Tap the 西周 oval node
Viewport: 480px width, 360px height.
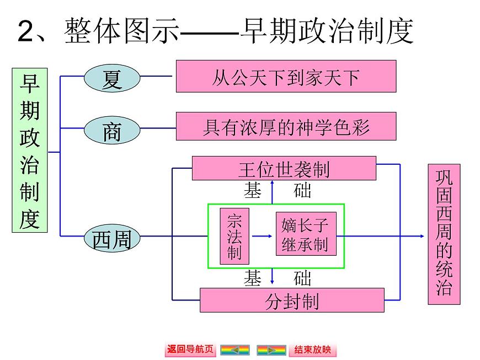click(112, 239)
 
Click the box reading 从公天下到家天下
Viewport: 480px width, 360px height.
click(286, 77)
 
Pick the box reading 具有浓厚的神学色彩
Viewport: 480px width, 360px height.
click(286, 126)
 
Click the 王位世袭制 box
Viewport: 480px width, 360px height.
click(284, 168)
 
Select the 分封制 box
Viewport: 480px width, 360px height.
click(291, 300)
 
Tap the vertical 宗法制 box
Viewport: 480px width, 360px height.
click(234, 237)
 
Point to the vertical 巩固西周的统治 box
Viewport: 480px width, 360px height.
click(444, 234)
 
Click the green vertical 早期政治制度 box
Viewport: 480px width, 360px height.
click(30, 150)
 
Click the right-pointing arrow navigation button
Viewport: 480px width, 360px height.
click(271, 350)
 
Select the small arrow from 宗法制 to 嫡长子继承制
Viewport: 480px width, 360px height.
click(262, 237)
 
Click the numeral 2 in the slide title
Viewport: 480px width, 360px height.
click(26, 31)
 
